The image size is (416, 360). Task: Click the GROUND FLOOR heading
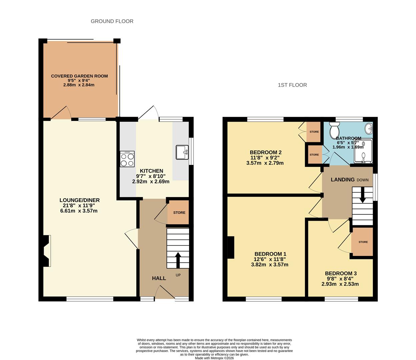[x=112, y=21]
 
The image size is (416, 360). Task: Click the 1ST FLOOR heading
[x=292, y=85]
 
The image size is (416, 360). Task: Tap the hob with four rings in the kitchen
[x=127, y=159]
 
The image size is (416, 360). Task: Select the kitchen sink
[x=182, y=153]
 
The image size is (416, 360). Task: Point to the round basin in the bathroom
[x=369, y=128]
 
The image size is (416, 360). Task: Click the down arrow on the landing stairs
[x=362, y=195]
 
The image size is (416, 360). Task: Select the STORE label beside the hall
[x=179, y=213]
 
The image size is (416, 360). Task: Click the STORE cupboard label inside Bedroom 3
[x=363, y=242]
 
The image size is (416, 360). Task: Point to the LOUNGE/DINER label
[x=80, y=200]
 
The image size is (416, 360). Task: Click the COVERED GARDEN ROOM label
[x=79, y=76]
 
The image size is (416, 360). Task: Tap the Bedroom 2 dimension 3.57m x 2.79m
[x=265, y=163]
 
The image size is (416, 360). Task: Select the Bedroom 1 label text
[x=270, y=254]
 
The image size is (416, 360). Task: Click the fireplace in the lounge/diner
[x=47, y=251]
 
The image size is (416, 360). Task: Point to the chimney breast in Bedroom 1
[x=231, y=247]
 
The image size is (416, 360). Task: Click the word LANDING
[x=342, y=180]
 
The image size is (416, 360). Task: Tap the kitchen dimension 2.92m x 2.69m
[x=151, y=182]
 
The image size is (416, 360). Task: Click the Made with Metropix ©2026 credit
[x=214, y=358]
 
